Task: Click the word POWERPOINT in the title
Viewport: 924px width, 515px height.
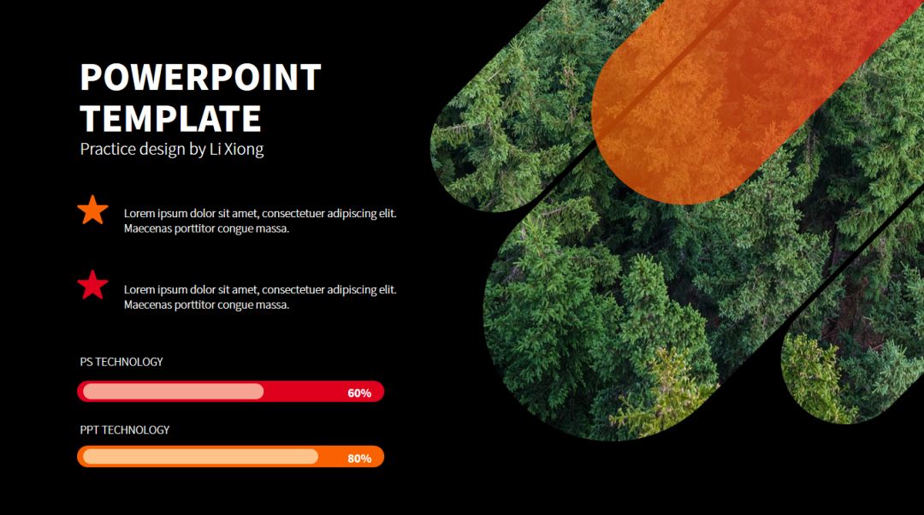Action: (x=200, y=77)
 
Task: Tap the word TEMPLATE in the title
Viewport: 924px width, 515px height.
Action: (x=170, y=118)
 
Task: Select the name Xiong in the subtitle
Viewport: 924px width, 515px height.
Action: (x=243, y=150)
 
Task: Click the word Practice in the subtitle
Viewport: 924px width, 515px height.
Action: (x=103, y=149)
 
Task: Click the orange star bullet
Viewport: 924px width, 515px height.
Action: (x=92, y=210)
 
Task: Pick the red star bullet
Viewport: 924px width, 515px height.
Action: (x=92, y=285)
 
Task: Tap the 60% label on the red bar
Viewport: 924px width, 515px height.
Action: (x=358, y=393)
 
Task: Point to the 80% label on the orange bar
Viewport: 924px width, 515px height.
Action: (x=358, y=459)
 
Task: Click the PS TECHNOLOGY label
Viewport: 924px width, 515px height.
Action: (x=121, y=362)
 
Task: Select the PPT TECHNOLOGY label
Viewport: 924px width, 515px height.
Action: (x=124, y=430)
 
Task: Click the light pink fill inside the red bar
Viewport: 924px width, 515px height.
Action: (x=173, y=391)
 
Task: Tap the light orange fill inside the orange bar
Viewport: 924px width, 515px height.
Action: (x=200, y=457)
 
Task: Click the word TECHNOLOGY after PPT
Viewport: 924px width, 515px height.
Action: (x=135, y=430)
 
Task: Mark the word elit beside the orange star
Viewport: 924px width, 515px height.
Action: (x=388, y=213)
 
